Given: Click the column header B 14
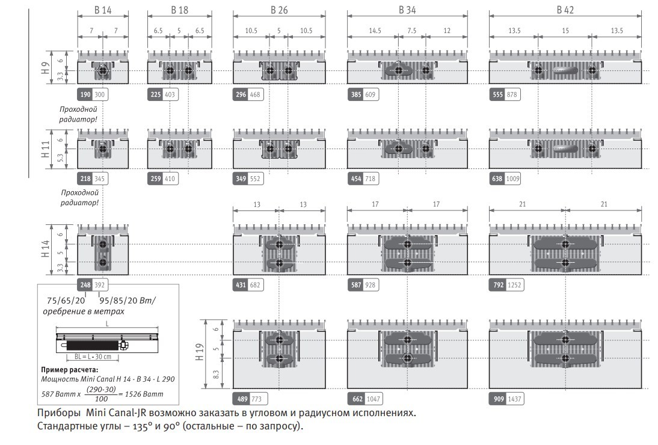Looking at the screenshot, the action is pyautogui.click(x=103, y=10).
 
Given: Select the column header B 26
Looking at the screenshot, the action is pyautogui.click(x=279, y=10).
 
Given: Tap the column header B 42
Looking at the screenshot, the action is pyautogui.click(x=565, y=10).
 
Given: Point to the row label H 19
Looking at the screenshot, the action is pyautogui.click(x=199, y=352).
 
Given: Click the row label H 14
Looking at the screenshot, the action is pyautogui.click(x=45, y=248).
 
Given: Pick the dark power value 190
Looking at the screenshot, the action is pyautogui.click(x=85, y=94).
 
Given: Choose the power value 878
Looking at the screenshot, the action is pyautogui.click(x=512, y=94).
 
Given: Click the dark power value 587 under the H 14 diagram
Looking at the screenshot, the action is pyautogui.click(x=356, y=285).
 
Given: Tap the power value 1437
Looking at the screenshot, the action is pyautogui.click(x=514, y=399).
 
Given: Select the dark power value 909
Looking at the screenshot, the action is pyautogui.click(x=499, y=399).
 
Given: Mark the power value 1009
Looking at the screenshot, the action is pyautogui.click(x=513, y=179).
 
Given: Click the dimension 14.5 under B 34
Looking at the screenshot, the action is pyautogui.click(x=375, y=31).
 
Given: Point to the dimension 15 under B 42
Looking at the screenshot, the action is pyautogui.click(x=565, y=31).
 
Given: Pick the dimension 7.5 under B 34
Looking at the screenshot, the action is pyautogui.click(x=411, y=31).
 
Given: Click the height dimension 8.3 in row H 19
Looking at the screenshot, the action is pyautogui.click(x=216, y=374).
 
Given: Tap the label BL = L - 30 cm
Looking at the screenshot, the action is pyautogui.click(x=93, y=357).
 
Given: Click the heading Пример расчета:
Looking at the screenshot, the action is pyautogui.click(x=70, y=369).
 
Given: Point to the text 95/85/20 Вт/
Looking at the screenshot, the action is pyautogui.click(x=128, y=300).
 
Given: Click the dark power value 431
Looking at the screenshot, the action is pyautogui.click(x=241, y=285).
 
